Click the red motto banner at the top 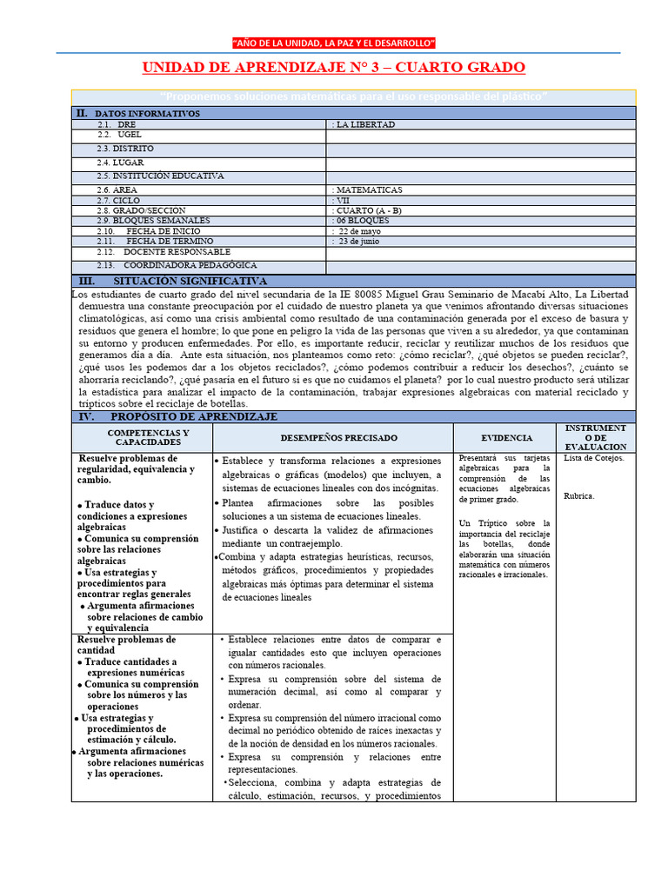pyautogui.click(x=334, y=43)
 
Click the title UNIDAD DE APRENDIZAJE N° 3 pyautogui.click(x=334, y=68)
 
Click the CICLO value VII pyautogui.click(x=342, y=200)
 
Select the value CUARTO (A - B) pyautogui.click(x=369, y=210)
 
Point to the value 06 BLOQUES pyautogui.click(x=362, y=221)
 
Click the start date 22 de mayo pyautogui.click(x=357, y=231)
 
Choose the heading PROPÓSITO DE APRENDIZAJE pyautogui.click(x=194, y=417)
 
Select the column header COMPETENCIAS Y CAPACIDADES pyautogui.click(x=142, y=437)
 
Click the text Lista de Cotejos pyautogui.click(x=594, y=458)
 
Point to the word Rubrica pyautogui.click(x=579, y=496)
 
